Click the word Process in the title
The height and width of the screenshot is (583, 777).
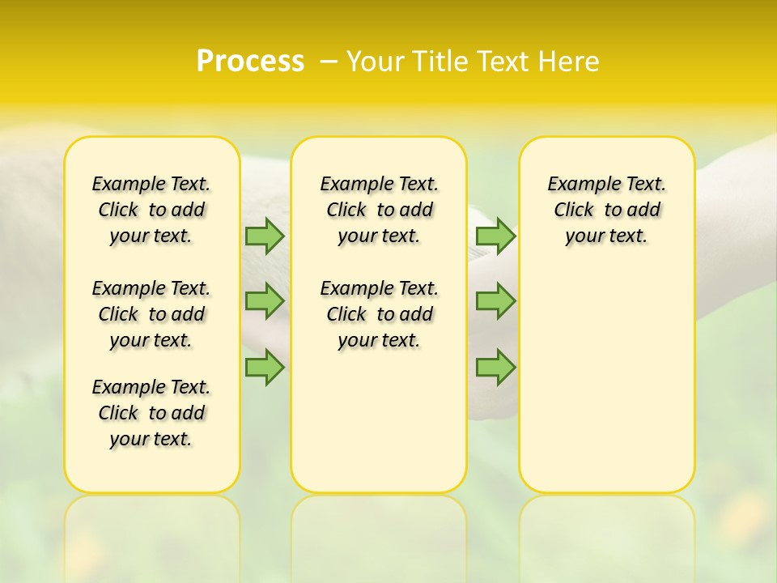coord(250,61)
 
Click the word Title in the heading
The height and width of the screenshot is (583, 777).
coord(442,62)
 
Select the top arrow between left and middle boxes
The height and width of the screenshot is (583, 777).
coord(265,236)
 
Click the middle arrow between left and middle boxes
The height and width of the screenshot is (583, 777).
coord(265,300)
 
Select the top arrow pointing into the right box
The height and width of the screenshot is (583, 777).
coord(495,236)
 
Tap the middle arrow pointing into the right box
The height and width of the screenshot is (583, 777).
coord(495,300)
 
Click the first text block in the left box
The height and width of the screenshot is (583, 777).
coord(151,210)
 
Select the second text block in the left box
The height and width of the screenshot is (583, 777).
coord(151,314)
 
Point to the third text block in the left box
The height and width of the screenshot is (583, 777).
coord(151,413)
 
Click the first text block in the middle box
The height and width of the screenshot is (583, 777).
coord(380,210)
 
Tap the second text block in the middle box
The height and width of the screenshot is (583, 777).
coord(380,314)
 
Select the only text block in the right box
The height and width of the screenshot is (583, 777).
coord(607,210)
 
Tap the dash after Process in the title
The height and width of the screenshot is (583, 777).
coord(328,61)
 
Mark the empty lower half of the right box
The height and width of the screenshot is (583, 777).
coord(607,381)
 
